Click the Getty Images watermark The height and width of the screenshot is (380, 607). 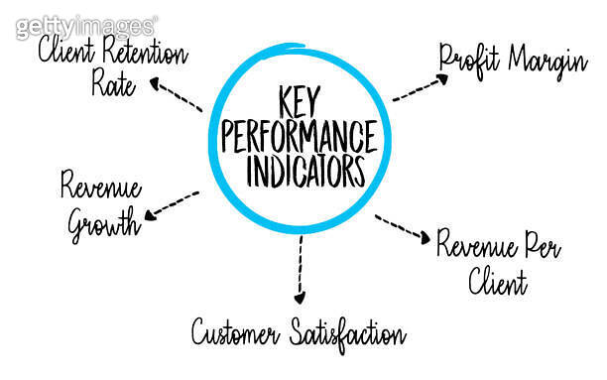click(x=86, y=26)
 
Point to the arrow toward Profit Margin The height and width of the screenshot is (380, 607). click(x=415, y=88)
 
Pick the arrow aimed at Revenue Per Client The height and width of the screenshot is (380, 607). click(x=402, y=229)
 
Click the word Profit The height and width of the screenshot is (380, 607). click(x=470, y=60)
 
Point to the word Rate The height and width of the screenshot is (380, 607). click(x=113, y=84)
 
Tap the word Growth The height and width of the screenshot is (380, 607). click(x=102, y=223)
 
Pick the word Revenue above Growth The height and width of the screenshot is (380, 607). click(x=100, y=187)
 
